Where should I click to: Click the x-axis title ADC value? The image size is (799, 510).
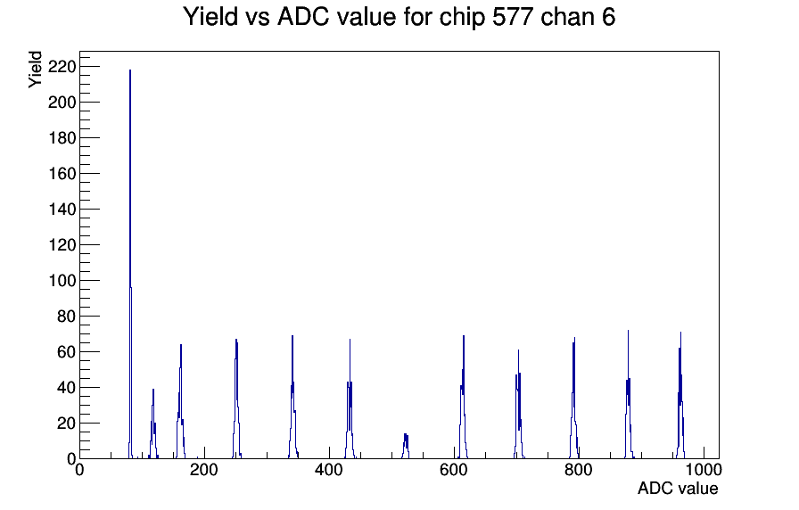[x=677, y=489]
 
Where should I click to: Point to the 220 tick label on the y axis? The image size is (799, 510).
[x=62, y=67]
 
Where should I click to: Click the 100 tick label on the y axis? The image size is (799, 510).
[x=62, y=280]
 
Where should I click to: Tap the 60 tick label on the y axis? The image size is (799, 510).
[x=66, y=351]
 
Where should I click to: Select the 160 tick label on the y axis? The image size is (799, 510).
[x=62, y=174]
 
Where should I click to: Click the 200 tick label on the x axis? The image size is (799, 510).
[x=204, y=471]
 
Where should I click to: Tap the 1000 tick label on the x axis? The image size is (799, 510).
[x=704, y=471]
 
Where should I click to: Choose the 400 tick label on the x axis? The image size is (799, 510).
[x=329, y=471]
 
